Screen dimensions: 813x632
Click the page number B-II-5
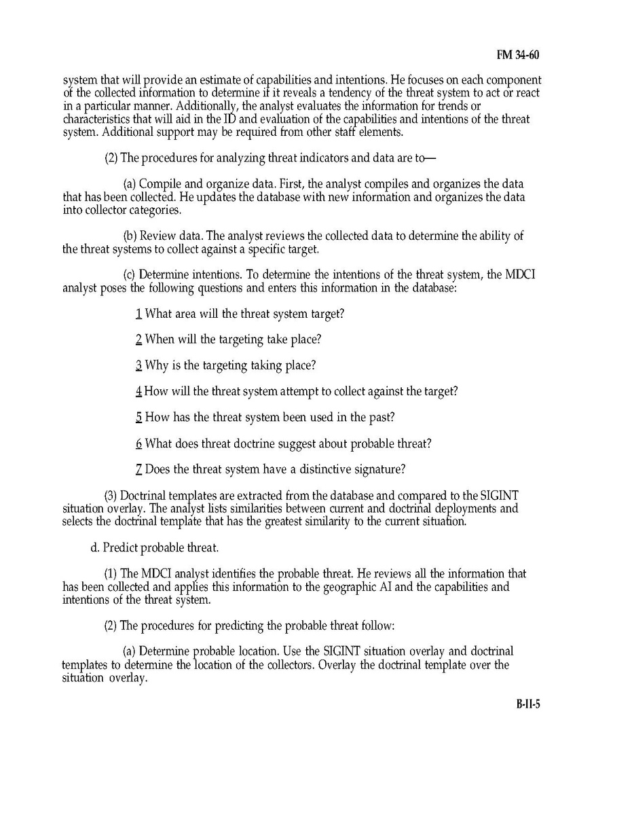pyautogui.click(x=527, y=704)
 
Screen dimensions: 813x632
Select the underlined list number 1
pyautogui.click(x=138, y=314)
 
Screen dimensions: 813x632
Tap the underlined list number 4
pyautogui.click(x=138, y=391)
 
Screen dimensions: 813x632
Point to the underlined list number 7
pyautogui.click(x=138, y=469)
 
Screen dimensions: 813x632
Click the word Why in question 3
pyautogui.click(x=157, y=365)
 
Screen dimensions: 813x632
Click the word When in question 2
pyautogui.click(x=161, y=339)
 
